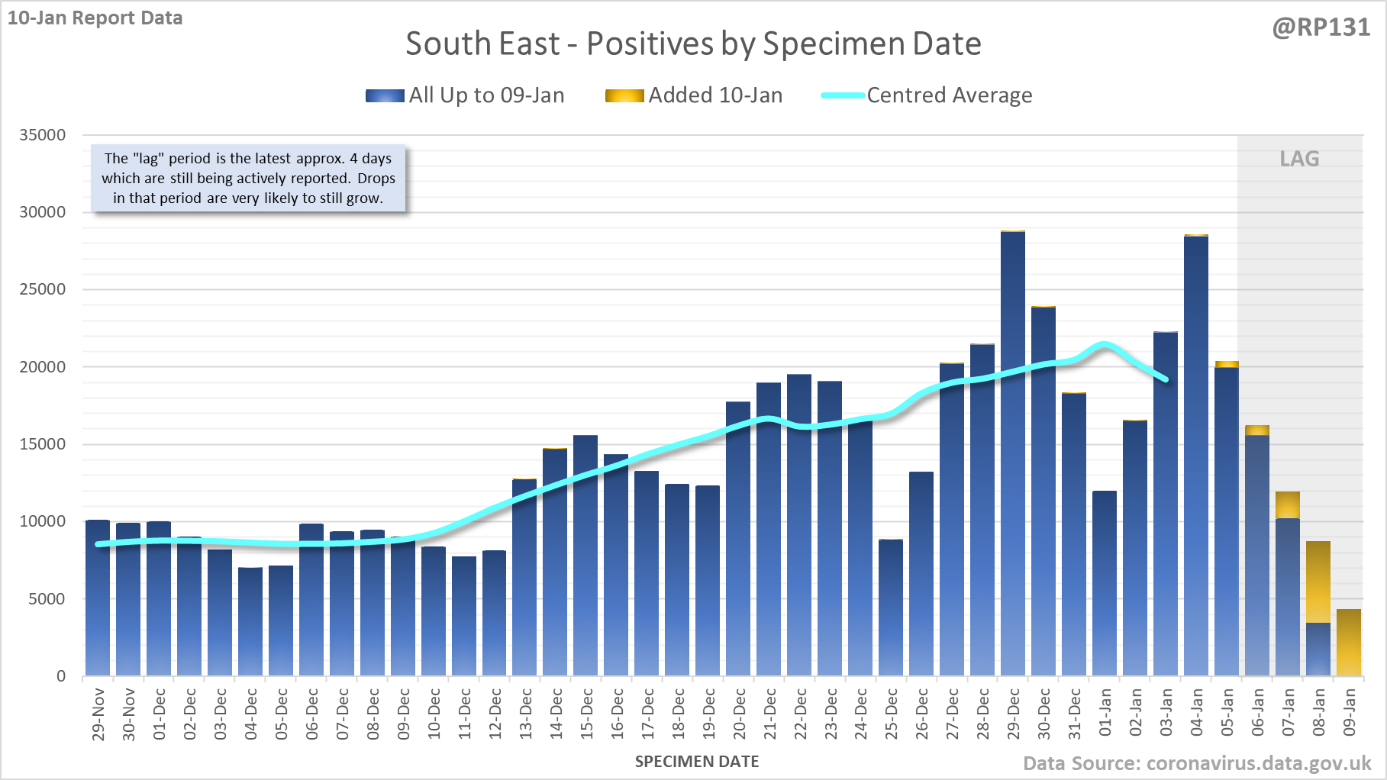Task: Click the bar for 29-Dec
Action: (x=1013, y=453)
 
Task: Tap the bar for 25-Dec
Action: (x=891, y=608)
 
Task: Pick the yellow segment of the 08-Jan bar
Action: (x=1318, y=582)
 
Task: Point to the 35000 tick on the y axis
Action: (x=43, y=135)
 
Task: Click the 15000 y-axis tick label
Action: (x=43, y=444)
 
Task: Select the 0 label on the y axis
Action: (x=61, y=676)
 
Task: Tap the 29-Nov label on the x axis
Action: (x=98, y=714)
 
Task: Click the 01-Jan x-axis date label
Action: (x=1105, y=713)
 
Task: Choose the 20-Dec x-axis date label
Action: (x=740, y=714)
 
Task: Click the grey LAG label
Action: (x=1299, y=159)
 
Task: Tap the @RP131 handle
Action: (x=1321, y=27)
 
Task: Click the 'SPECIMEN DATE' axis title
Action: (x=697, y=762)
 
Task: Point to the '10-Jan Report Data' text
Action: (x=95, y=18)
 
